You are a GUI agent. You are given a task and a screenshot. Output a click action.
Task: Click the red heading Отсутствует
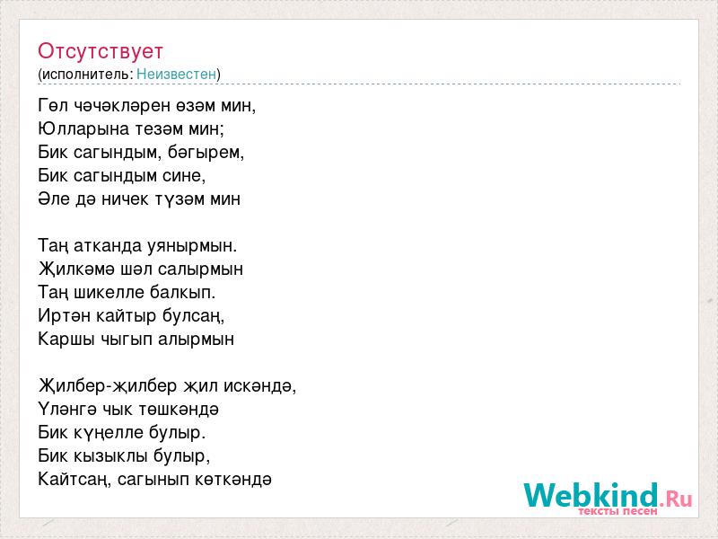point(101,51)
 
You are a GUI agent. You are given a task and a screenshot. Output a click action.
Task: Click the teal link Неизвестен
point(176,74)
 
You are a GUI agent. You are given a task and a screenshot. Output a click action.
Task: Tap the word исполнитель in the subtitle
point(86,75)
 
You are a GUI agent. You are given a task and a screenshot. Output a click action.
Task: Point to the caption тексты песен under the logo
point(618,511)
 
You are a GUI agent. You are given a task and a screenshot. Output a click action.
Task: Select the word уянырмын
point(192,246)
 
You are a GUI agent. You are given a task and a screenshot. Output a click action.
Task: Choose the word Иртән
point(64,316)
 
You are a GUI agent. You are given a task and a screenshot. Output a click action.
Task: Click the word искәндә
point(259,386)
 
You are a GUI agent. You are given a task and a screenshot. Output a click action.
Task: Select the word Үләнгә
point(66,410)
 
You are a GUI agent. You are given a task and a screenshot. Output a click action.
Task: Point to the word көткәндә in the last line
point(233,480)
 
